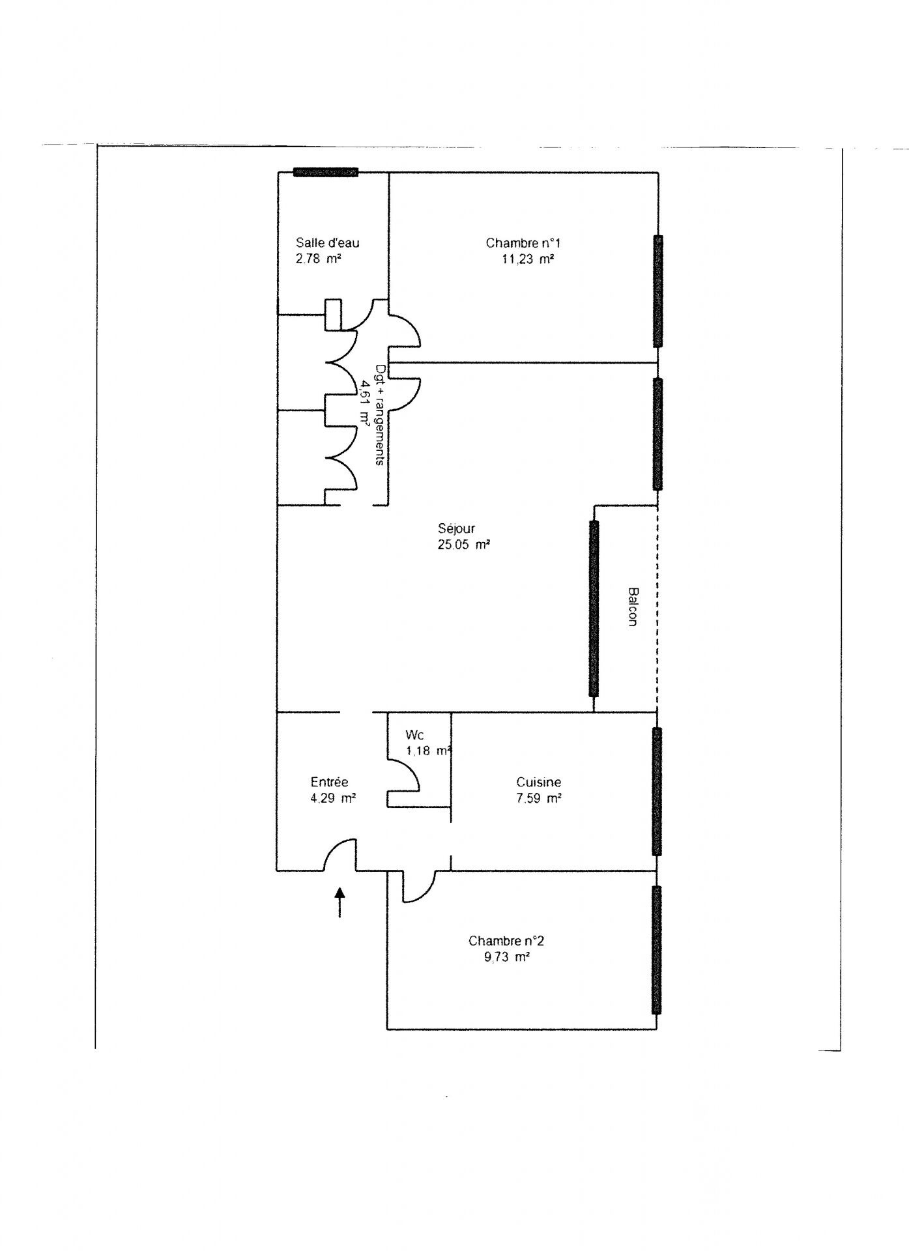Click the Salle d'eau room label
click(x=327, y=243)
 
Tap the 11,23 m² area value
click(x=528, y=259)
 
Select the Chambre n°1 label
click(x=523, y=243)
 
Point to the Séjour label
click(x=456, y=528)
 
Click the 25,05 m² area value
click(x=463, y=545)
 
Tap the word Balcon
click(x=632, y=607)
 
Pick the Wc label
click(x=414, y=735)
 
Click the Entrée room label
click(x=329, y=782)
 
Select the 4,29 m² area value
click(x=332, y=798)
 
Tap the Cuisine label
click(x=538, y=782)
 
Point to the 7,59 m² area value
click(x=538, y=798)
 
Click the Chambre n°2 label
click(x=506, y=941)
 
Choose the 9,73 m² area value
click(x=506, y=957)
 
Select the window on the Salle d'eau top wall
click(x=326, y=172)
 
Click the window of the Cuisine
click(x=657, y=791)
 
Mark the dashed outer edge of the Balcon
click(x=657, y=609)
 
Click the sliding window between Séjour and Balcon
click(x=593, y=609)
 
